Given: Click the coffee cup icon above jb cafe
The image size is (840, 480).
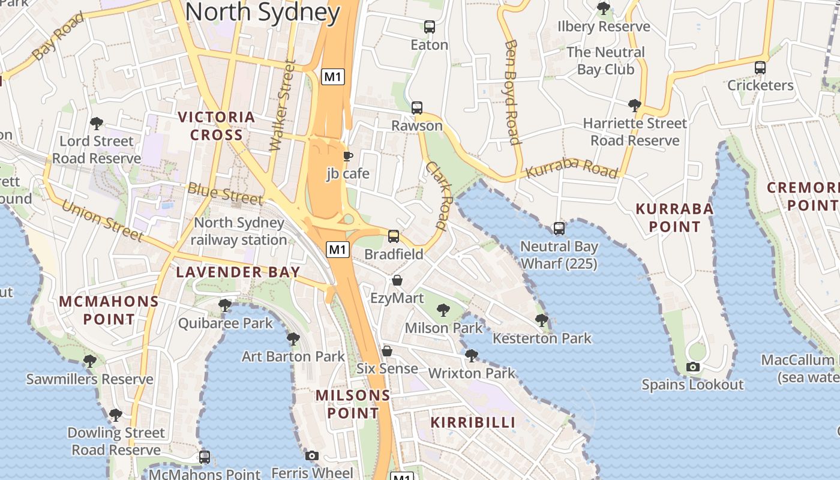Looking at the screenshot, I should pyautogui.click(x=347, y=157).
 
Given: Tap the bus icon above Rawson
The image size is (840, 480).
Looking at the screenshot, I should pyautogui.click(x=417, y=108).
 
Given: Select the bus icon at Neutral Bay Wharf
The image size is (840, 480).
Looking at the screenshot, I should pyautogui.click(x=559, y=229).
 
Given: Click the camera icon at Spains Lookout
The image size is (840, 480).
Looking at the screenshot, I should pyautogui.click(x=693, y=367).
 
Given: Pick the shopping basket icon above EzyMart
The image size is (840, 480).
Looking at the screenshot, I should pyautogui.click(x=397, y=280).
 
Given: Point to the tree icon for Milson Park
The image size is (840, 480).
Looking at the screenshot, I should pyautogui.click(x=443, y=310).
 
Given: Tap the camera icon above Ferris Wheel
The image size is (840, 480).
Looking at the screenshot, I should pyautogui.click(x=312, y=455).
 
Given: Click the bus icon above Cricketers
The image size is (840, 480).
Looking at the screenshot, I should pyautogui.click(x=760, y=68).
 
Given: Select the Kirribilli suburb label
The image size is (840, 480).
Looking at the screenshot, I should pyautogui.click(x=473, y=422).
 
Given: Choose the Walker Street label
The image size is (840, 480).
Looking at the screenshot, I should pyautogui.click(x=283, y=105).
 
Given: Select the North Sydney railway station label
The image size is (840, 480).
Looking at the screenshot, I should pyautogui.click(x=239, y=231).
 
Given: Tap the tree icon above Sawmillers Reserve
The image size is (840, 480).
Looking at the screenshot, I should pyautogui.click(x=90, y=361).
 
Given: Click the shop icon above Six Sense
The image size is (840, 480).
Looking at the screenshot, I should pyautogui.click(x=388, y=351).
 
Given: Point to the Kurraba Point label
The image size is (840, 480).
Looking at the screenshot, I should pyautogui.click(x=674, y=218).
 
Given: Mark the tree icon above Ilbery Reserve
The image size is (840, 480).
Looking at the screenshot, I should pyautogui.click(x=604, y=8).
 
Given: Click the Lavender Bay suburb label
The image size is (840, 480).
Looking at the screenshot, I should pyautogui.click(x=238, y=272).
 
